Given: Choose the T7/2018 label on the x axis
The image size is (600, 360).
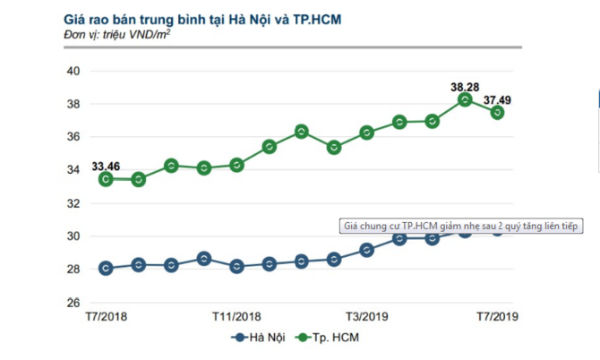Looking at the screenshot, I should pyautogui.click(x=105, y=316).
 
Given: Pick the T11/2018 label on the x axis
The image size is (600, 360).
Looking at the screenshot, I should pyautogui.click(x=236, y=316).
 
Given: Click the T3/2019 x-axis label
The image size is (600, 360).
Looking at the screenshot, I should pyautogui.click(x=366, y=316).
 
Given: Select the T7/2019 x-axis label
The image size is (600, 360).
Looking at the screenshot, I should pyautogui.click(x=497, y=316).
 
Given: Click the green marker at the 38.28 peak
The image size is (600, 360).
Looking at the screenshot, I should pyautogui.click(x=465, y=99).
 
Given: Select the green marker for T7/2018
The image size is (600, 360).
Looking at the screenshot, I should pyautogui.click(x=106, y=178).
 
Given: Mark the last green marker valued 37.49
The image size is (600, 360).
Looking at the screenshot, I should pyautogui.click(x=498, y=112).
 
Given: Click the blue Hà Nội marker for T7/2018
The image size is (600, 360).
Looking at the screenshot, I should pyautogui.click(x=106, y=268).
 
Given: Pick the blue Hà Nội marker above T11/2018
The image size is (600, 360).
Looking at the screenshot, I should pyautogui.click(x=236, y=266).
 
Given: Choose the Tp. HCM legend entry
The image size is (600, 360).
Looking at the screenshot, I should pyautogui.click(x=333, y=338).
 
